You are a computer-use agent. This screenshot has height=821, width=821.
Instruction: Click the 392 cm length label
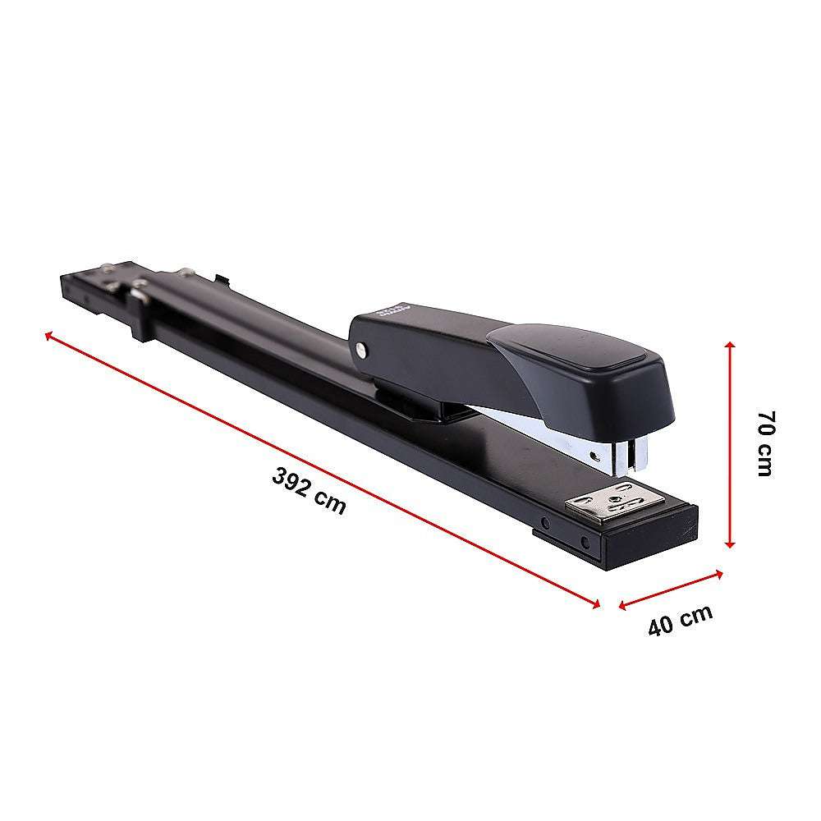(310, 491)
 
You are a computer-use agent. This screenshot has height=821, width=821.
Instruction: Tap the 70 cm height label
(764, 443)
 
